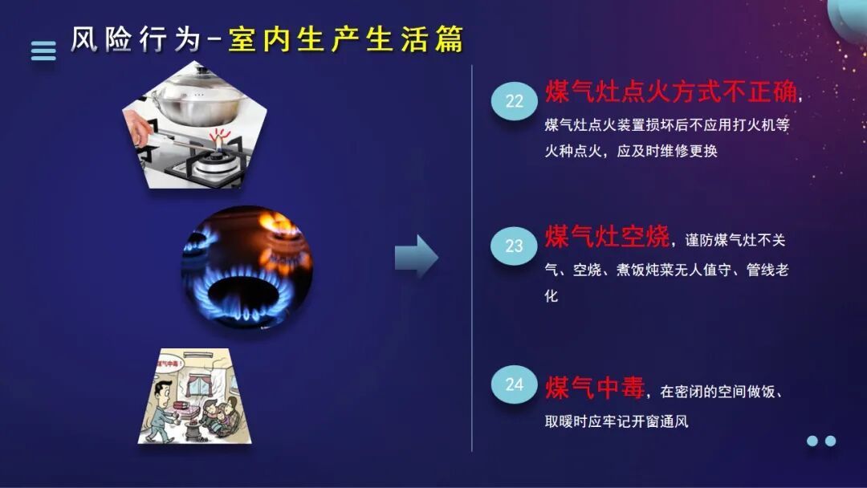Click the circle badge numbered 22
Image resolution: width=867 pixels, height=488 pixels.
pyautogui.click(x=514, y=101)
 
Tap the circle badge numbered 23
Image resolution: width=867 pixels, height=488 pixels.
pyautogui.click(x=514, y=246)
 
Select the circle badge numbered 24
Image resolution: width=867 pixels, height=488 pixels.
pyautogui.click(x=514, y=384)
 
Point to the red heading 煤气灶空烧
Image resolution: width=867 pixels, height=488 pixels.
pyautogui.click(x=607, y=237)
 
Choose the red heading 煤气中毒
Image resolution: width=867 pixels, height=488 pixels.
pyautogui.click(x=595, y=388)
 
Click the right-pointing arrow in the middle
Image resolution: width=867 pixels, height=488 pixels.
pyautogui.click(x=416, y=257)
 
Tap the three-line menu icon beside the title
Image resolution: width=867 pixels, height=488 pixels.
pyautogui.click(x=43, y=51)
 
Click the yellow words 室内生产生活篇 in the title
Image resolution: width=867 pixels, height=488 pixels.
pyautogui.click(x=346, y=39)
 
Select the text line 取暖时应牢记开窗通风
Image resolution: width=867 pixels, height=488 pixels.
pyautogui.click(x=617, y=421)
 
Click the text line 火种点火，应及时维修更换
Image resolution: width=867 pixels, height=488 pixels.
pyautogui.click(x=630, y=150)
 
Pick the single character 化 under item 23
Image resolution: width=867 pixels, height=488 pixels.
pyautogui.click(x=551, y=295)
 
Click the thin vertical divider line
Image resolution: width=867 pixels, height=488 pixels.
pyautogui.click(x=472, y=257)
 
